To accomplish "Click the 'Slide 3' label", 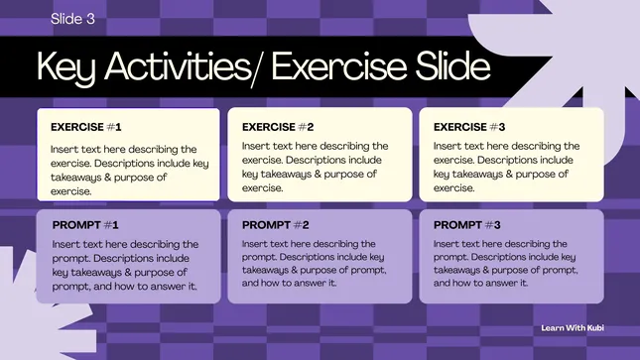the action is [72, 19].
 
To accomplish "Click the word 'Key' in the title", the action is [66, 67].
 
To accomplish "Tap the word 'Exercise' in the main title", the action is [339, 65].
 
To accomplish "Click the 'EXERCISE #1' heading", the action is [86, 127].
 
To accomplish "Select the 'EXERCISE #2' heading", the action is [278, 127].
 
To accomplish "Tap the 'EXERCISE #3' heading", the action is [469, 127].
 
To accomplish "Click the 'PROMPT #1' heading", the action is [85, 225].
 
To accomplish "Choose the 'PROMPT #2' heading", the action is [276, 225].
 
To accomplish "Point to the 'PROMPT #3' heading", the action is [467, 225].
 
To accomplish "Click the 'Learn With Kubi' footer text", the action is [573, 327].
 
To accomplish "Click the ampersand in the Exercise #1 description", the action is [107, 178].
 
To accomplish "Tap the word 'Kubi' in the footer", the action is [595, 327].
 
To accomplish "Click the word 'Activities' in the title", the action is [178, 65].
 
